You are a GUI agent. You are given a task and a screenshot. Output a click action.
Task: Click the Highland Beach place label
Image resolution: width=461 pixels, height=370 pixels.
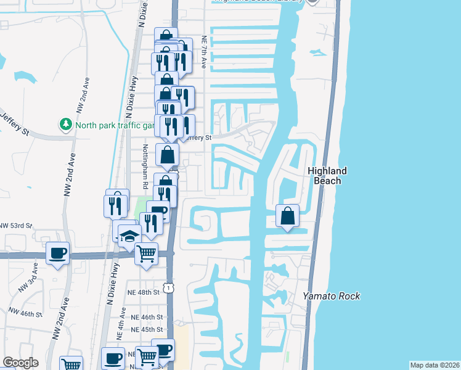point(327,176)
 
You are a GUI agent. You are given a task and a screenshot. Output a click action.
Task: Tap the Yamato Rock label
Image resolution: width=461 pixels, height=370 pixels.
point(331,297)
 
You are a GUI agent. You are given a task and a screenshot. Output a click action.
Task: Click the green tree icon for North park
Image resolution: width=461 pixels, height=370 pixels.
point(65,125)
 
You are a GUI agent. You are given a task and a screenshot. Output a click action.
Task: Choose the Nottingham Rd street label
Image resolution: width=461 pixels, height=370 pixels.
point(145,166)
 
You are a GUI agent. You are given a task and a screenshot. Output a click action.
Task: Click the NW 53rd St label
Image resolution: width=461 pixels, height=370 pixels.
point(15,226)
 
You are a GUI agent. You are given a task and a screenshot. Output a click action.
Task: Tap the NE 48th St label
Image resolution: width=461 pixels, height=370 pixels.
point(144,291)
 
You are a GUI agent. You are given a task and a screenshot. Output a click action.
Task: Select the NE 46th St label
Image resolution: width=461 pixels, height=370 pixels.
point(144,317)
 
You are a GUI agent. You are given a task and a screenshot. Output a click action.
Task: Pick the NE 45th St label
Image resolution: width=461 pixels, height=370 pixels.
point(144,329)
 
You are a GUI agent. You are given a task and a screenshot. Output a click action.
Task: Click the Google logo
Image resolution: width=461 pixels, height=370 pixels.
point(20,363)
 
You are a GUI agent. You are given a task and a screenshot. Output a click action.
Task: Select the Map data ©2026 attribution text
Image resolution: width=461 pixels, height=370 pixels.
point(434,365)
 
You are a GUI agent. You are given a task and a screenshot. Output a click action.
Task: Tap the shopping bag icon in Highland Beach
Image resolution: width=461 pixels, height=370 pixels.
point(287,216)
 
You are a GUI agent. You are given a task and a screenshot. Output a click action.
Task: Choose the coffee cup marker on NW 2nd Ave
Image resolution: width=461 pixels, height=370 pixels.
point(58,253)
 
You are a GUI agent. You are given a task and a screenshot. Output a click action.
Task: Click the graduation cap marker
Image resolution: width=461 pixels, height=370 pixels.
point(129,236)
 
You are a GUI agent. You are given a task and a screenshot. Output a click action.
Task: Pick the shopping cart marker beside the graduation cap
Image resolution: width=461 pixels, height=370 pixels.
point(146,253)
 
